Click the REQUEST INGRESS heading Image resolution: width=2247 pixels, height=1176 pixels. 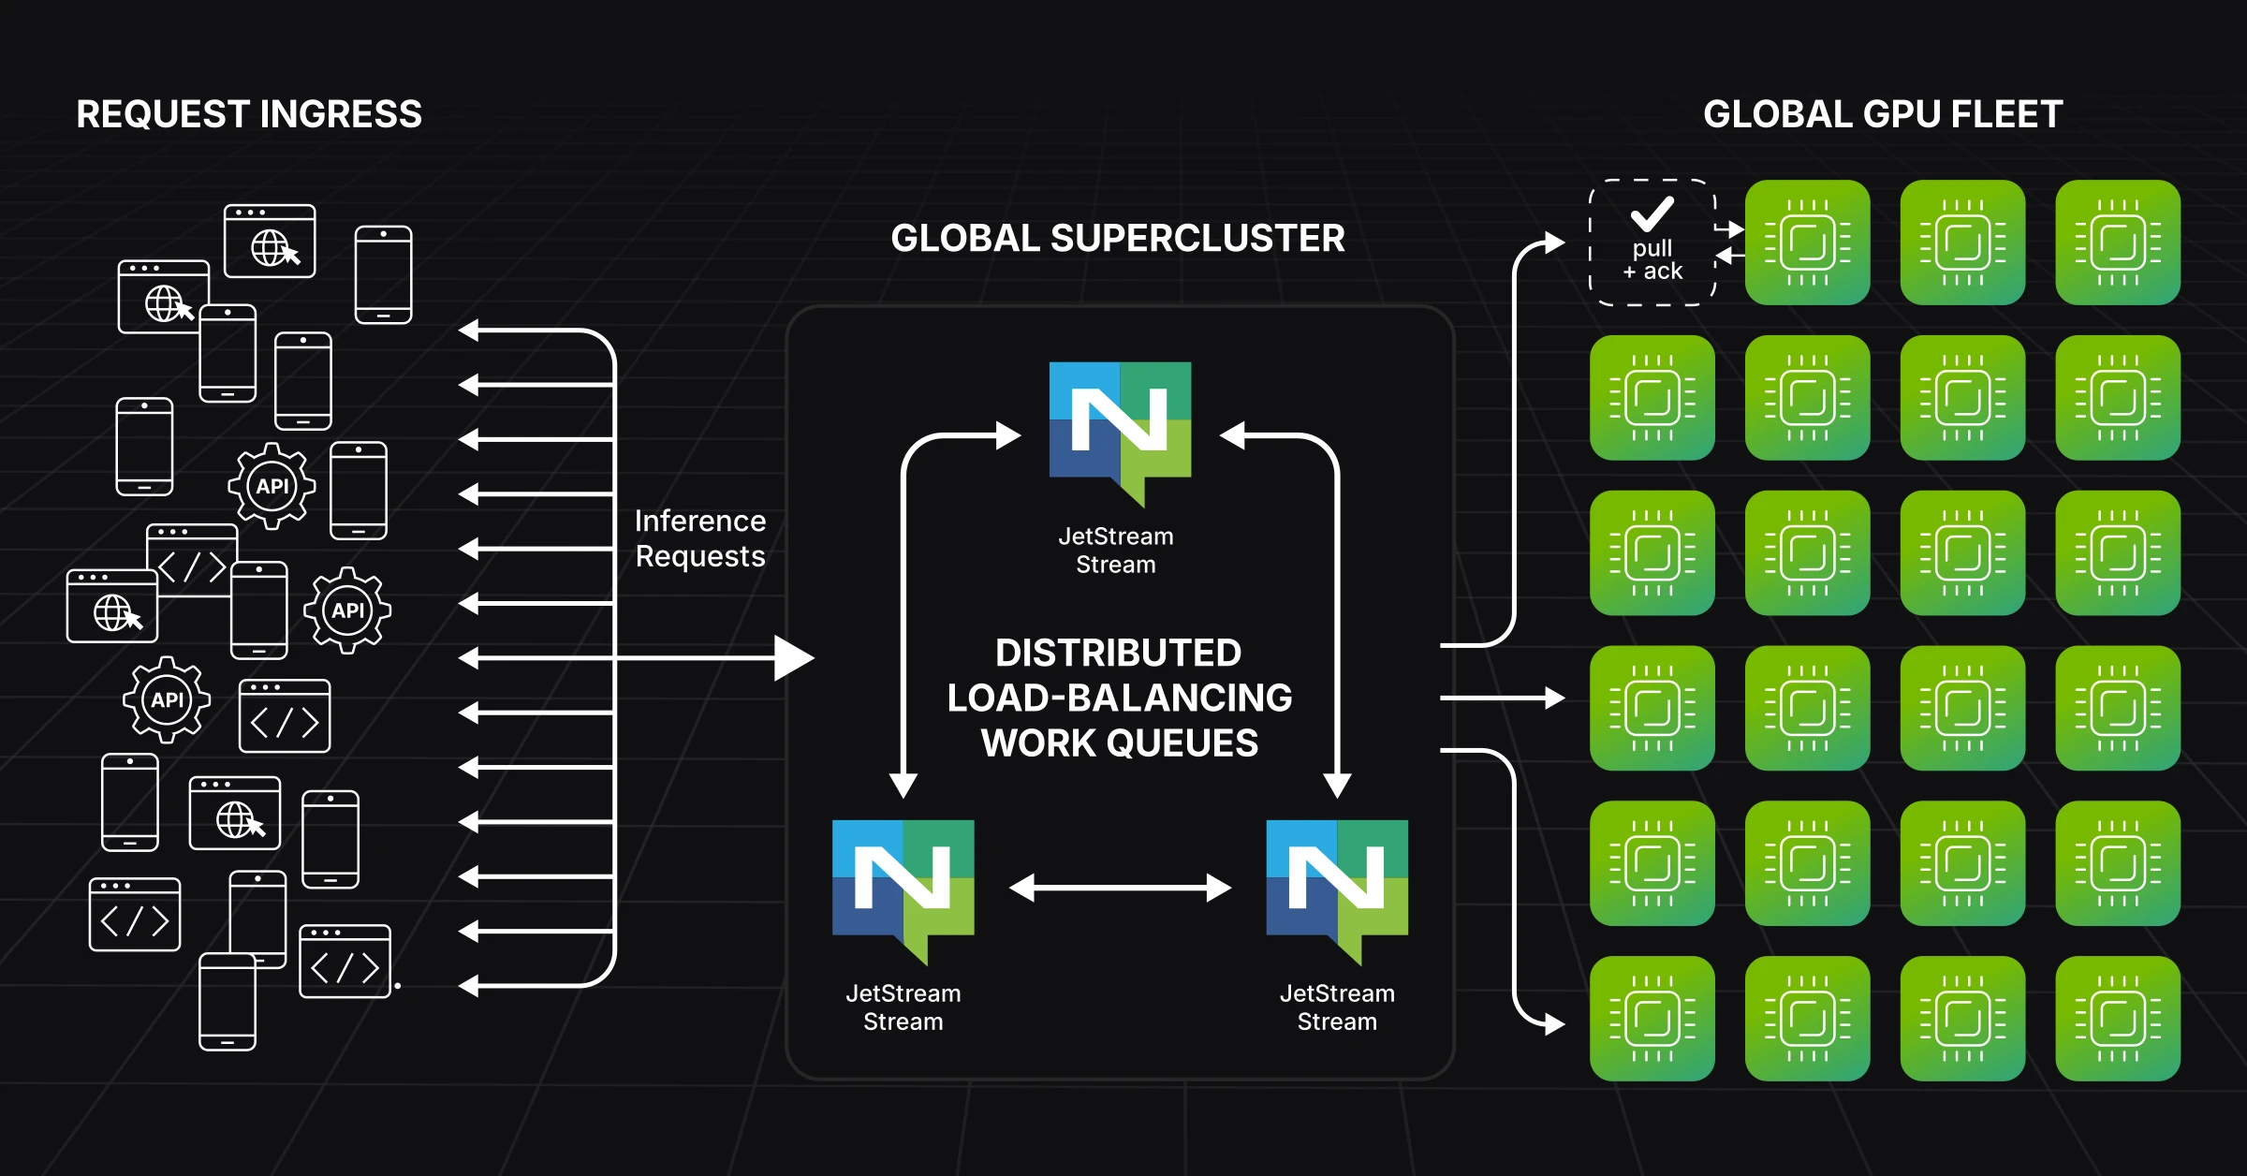(249, 114)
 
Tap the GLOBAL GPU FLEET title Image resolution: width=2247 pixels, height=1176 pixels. (1883, 114)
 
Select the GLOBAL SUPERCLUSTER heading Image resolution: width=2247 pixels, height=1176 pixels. (1118, 238)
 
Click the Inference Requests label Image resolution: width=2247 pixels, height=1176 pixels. (700, 538)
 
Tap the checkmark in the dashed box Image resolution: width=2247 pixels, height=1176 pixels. (1652, 213)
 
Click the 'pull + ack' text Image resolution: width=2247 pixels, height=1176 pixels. (1652, 260)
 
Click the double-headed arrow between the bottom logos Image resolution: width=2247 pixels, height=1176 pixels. (1120, 888)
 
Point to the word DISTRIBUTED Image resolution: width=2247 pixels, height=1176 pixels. (1118, 653)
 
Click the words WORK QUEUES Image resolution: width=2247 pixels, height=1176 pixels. (1119, 743)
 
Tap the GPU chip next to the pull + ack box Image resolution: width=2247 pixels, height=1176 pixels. (1807, 243)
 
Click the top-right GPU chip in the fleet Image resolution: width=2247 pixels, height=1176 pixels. (2118, 243)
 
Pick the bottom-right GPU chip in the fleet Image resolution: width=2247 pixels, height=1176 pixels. (2118, 1018)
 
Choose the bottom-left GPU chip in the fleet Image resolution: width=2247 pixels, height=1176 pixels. (1652, 1018)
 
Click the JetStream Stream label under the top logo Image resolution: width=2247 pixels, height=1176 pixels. (1115, 551)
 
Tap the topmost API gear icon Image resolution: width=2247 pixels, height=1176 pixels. (272, 486)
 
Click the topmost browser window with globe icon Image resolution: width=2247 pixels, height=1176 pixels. (270, 242)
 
